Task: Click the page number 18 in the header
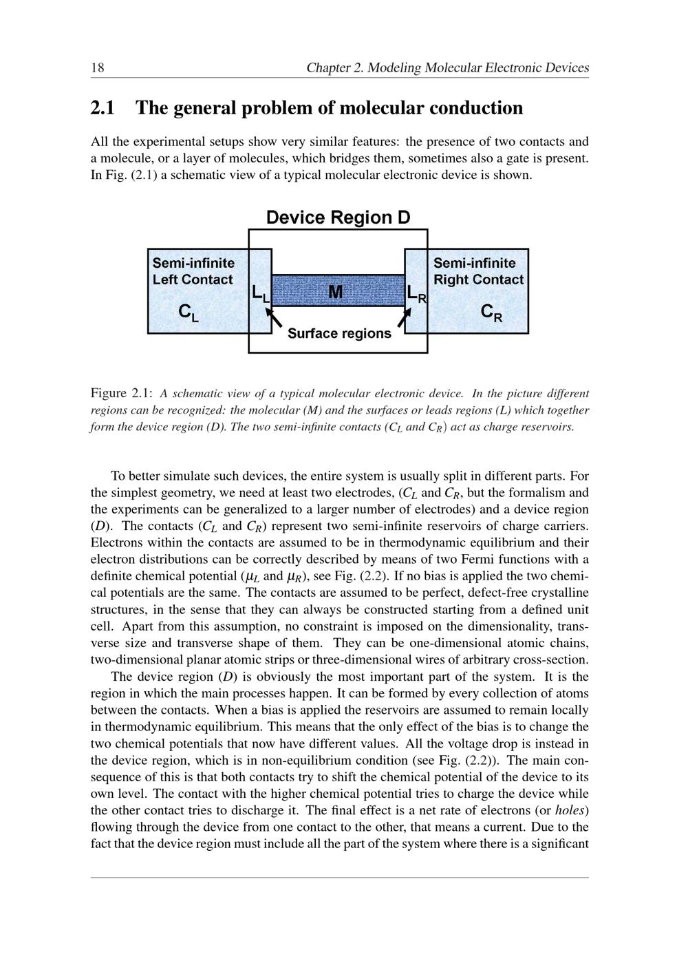97,67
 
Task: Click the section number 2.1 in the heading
103,108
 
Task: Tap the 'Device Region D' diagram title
338,218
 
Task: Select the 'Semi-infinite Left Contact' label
193,271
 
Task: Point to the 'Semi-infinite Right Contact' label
478,271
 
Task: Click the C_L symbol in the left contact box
188,313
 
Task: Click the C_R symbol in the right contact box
491,313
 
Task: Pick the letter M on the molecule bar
336,293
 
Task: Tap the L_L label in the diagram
260,294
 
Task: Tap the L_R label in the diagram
416,294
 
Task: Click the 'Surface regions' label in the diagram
339,334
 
